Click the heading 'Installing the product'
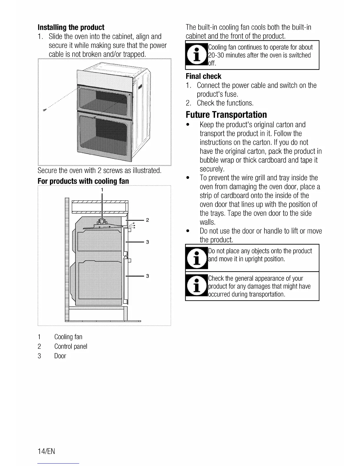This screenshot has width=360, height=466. [71, 28]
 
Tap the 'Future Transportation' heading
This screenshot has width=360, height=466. [226, 115]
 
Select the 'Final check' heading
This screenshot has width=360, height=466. [203, 76]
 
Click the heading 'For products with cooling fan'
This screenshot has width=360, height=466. [83, 181]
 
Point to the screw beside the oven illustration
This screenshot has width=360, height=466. [45, 110]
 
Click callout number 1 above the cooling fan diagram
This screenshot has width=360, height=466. [102, 190]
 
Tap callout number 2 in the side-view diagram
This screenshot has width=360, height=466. [147, 220]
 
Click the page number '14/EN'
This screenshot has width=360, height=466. [46, 451]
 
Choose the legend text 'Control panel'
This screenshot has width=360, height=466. [71, 347]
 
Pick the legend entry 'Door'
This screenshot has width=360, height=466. [60, 356]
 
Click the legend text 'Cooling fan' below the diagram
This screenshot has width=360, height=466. [68, 337]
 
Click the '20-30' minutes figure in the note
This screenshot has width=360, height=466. [215, 55]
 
